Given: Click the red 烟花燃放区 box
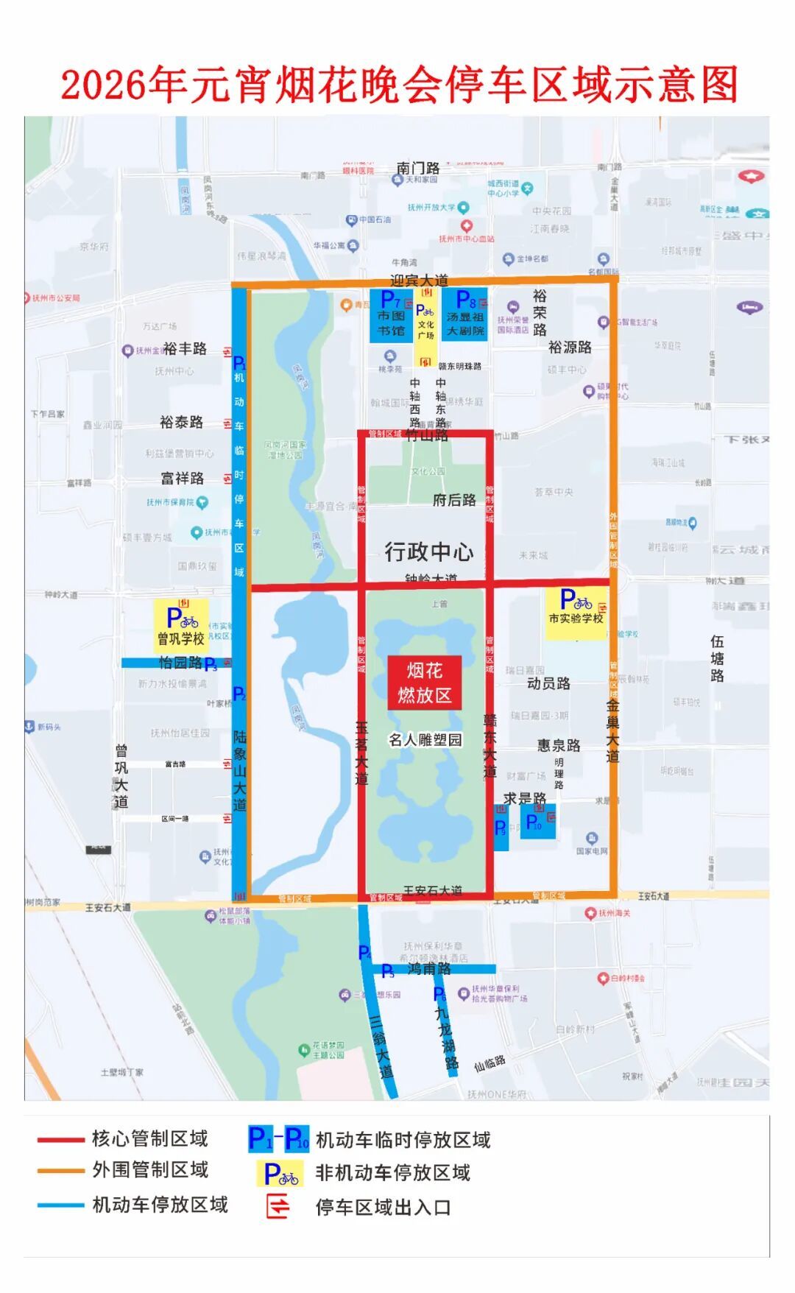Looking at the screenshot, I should click(x=425, y=683).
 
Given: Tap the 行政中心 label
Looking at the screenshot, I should click(x=429, y=552).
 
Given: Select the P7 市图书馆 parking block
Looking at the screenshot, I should click(x=391, y=315).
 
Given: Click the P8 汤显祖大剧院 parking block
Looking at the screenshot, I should click(x=465, y=314).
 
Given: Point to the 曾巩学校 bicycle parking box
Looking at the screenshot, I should click(x=181, y=625).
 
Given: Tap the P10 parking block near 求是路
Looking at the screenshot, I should click(x=537, y=822).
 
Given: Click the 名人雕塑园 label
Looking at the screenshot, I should click(x=425, y=739).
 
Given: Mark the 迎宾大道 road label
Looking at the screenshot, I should click(x=419, y=281).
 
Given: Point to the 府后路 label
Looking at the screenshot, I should click(x=454, y=500).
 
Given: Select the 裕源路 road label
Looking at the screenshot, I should click(x=570, y=347).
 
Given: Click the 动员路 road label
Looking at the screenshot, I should click(x=548, y=683).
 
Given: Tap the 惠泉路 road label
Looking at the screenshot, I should click(x=559, y=745).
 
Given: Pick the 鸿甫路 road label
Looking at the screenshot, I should click(x=429, y=968).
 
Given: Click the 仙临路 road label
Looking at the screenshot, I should click(x=490, y=1063).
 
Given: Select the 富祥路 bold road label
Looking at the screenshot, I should click(x=182, y=479).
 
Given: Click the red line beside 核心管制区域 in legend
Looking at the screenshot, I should click(x=60, y=1139).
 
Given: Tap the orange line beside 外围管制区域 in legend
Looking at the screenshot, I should click(x=60, y=1170).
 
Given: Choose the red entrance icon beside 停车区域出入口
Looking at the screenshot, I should click(x=278, y=1207).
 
